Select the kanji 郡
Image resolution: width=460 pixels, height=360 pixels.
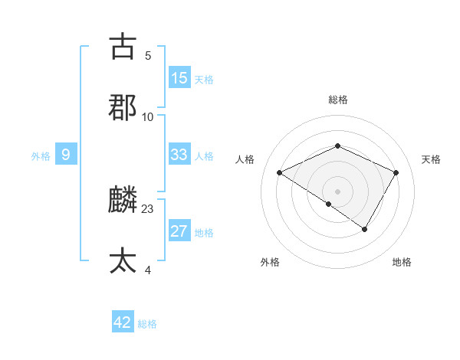tap(123, 106)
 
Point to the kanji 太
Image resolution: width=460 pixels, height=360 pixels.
tap(123, 260)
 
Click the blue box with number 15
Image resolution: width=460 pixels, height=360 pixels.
tap(179, 78)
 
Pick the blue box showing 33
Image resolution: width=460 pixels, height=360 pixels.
tap(179, 155)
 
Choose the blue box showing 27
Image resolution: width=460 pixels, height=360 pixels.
tap(179, 231)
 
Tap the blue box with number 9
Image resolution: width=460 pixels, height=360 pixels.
tap(66, 155)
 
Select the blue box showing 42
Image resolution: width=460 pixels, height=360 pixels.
tap(123, 322)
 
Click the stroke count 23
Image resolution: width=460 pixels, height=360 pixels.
tap(148, 209)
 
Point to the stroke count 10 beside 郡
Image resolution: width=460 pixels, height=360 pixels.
tap(148, 116)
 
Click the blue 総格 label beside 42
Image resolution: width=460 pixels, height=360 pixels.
tap(147, 324)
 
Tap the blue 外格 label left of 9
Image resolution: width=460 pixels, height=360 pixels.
tap(41, 156)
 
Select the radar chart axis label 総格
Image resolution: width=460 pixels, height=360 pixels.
tap(338, 100)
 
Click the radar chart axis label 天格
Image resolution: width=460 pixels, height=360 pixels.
tap(431, 159)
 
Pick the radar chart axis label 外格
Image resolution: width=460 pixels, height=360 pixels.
tap(270, 262)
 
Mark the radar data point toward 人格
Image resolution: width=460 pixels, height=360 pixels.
tap(280, 173)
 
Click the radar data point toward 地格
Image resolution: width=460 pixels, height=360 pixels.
tap(365, 229)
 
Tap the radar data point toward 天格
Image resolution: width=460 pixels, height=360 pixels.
tap(396, 173)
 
